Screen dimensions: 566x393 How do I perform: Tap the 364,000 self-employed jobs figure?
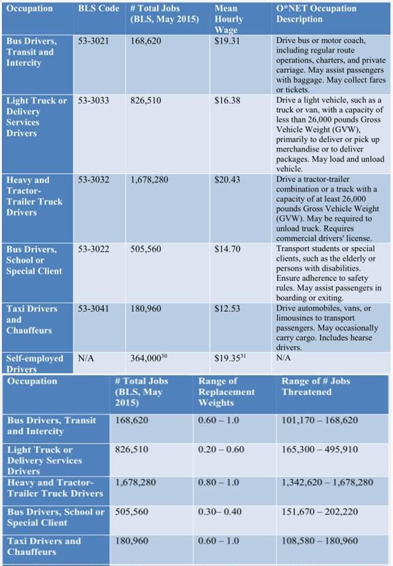(x=150, y=358)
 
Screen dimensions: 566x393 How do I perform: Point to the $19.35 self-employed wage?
(x=230, y=358)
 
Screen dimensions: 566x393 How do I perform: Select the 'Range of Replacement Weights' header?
(x=226, y=392)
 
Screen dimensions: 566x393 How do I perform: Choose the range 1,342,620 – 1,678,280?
(x=327, y=483)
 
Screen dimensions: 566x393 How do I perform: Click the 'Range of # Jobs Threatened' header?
(x=316, y=386)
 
